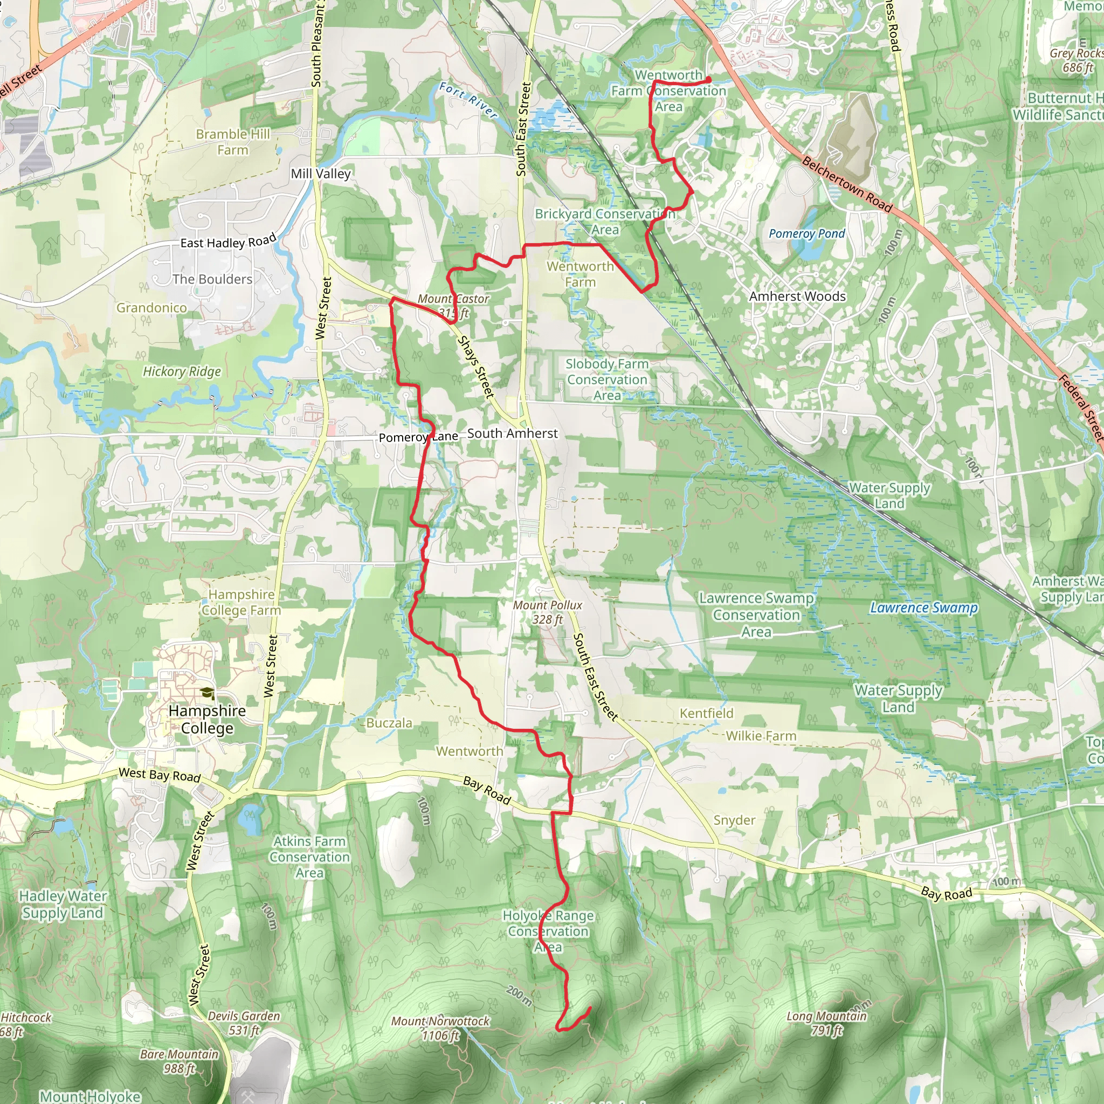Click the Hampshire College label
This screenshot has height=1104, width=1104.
click(x=207, y=719)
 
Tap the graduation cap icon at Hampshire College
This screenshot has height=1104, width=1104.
click(x=207, y=693)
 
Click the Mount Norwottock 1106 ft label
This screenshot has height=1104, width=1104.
click(x=440, y=1028)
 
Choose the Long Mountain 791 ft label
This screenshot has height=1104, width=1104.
click(x=826, y=1023)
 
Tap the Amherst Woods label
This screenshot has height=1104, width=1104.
click(x=797, y=296)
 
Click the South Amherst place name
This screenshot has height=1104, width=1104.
click(x=512, y=433)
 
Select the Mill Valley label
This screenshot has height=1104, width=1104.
click(x=320, y=173)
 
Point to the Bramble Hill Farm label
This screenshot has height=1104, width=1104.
click(x=232, y=142)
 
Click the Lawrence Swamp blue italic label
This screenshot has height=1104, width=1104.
click(x=923, y=608)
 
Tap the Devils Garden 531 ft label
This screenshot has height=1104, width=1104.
click(x=244, y=1023)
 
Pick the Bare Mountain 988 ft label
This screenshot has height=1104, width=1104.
click(x=180, y=1061)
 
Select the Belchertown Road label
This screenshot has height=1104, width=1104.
click(x=847, y=184)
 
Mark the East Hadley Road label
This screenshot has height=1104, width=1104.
click(x=228, y=241)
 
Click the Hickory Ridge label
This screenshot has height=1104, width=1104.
click(x=182, y=371)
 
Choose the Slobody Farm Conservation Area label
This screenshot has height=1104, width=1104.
click(x=607, y=379)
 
